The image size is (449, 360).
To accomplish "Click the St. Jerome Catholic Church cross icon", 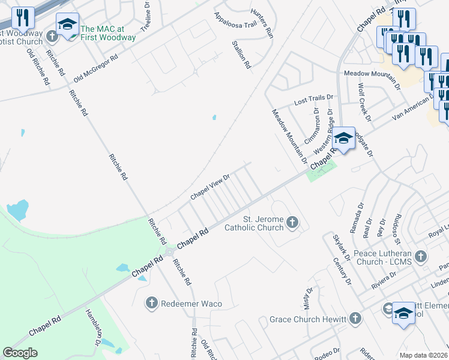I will (x=292, y=223).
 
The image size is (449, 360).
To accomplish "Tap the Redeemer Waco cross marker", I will (x=152, y=303).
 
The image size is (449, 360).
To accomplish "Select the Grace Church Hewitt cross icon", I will (x=356, y=318).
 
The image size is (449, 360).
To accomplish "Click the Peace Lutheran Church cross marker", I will (x=421, y=256).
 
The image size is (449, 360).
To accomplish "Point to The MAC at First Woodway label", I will (x=108, y=33).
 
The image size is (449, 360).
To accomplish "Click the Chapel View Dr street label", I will (x=210, y=187).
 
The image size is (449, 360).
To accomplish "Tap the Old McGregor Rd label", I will (x=96, y=69).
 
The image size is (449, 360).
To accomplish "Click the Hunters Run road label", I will (x=262, y=23).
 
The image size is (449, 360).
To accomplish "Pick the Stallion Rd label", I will (x=241, y=55).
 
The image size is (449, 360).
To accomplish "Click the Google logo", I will (x=20, y=352).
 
